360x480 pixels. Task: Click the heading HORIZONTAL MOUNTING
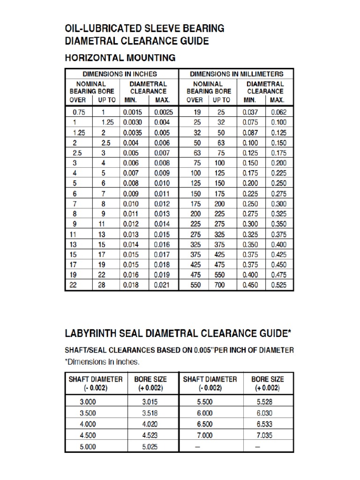120,58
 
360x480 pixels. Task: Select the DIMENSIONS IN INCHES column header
120,74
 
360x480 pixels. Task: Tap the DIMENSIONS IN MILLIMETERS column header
236,74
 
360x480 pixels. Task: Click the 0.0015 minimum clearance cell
134,112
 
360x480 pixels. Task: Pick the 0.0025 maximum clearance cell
162,112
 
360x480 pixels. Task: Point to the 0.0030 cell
134,122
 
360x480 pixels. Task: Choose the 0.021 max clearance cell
162,285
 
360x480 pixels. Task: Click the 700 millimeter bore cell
219,285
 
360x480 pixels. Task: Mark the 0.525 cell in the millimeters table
278,285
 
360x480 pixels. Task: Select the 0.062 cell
278,112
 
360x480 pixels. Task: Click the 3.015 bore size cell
150,402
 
